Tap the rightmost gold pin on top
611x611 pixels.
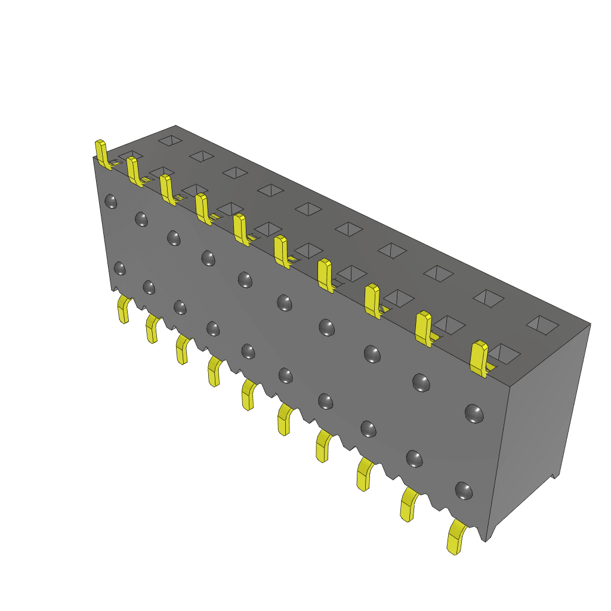click(479, 359)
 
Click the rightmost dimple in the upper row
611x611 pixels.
click(474, 413)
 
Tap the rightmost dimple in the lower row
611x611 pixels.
click(464, 490)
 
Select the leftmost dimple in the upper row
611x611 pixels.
click(110, 201)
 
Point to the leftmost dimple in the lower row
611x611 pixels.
click(119, 269)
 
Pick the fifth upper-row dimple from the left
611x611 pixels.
click(245, 279)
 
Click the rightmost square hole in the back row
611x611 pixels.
click(542, 324)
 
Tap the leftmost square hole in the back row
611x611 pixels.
click(170, 140)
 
